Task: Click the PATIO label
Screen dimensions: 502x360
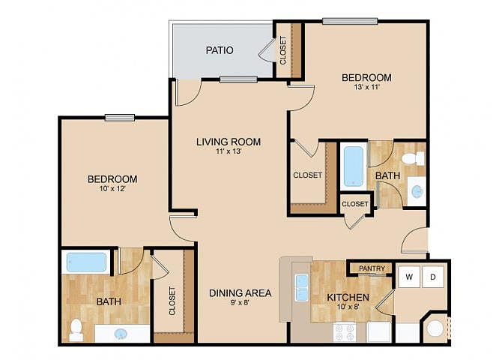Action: (220, 50)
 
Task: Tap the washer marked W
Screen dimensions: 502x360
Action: (409, 276)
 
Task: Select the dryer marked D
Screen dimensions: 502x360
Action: (433, 276)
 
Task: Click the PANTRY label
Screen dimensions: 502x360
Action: (372, 268)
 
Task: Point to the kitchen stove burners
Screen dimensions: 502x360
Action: (345, 332)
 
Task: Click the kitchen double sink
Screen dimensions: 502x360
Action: (302, 287)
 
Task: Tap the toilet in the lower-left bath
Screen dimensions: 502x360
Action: (76, 330)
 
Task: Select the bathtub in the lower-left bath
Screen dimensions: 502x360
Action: (86, 262)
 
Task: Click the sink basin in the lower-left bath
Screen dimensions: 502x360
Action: (121, 334)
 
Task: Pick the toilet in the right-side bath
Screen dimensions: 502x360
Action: (413, 159)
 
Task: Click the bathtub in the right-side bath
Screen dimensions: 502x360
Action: (354, 166)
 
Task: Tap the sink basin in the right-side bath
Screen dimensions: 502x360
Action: (417, 191)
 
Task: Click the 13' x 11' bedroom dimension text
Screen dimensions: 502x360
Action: (366, 87)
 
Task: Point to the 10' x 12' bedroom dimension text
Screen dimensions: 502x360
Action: (112, 189)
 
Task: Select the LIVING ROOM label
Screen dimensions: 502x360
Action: (229, 142)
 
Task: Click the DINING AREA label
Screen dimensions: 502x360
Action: (240, 293)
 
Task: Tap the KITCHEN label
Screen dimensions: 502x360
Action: (348, 298)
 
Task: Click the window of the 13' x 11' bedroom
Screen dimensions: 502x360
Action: (350, 21)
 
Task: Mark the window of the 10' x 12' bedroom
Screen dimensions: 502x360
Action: (120, 118)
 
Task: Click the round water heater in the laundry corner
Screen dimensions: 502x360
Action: (435, 328)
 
